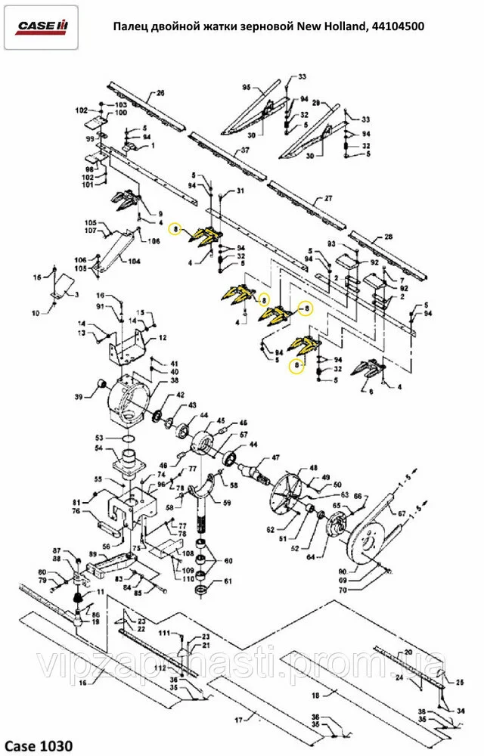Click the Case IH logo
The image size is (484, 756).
point(42,27)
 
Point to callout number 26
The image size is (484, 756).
point(160,93)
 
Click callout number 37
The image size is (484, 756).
point(244,150)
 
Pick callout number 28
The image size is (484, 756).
point(389,237)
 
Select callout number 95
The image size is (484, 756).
point(246,88)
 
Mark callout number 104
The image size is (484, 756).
point(134,262)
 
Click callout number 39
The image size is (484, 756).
point(78,398)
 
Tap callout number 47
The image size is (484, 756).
point(275,457)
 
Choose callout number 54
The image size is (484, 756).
point(98,449)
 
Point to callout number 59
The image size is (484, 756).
point(226,502)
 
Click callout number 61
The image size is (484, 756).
point(228,581)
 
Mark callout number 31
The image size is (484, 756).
point(240,191)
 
